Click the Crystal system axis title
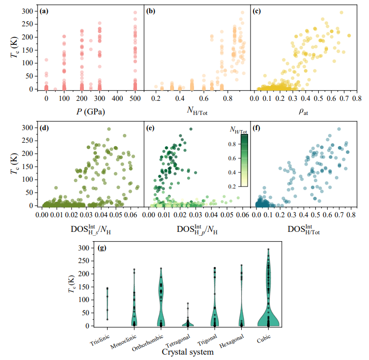coord(188,352)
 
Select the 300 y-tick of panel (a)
coord(31,11)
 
